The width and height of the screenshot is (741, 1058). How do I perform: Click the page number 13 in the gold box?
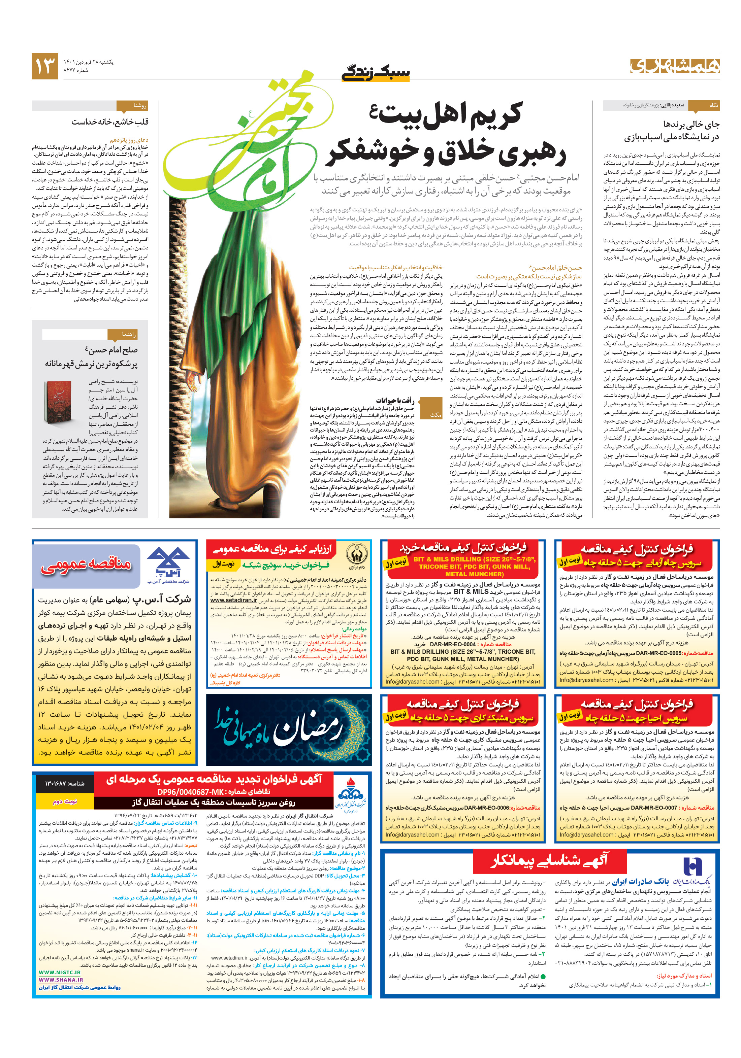tap(45, 65)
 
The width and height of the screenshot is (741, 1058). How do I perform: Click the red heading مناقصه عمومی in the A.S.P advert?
tap(87, 565)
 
